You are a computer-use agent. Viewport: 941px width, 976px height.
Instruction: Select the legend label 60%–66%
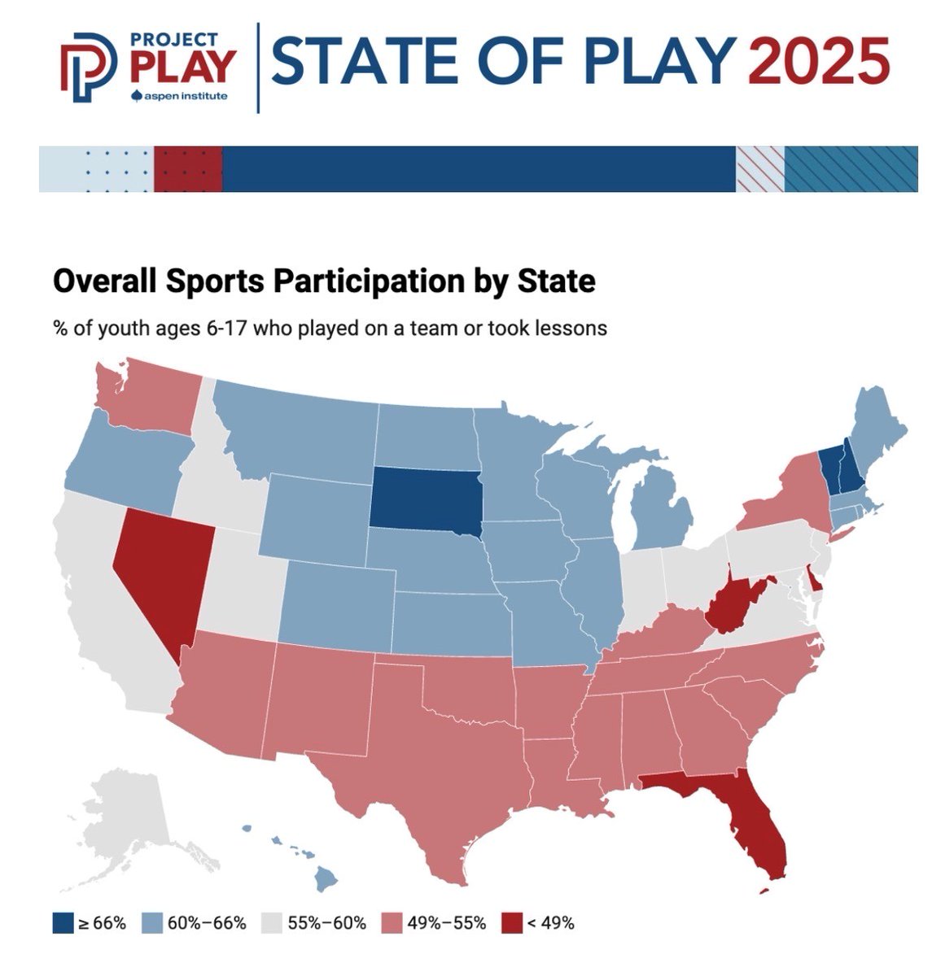pyautogui.click(x=207, y=923)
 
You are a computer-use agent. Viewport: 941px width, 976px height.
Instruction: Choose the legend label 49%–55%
pyautogui.click(x=447, y=923)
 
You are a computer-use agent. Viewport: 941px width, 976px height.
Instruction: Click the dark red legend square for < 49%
pyautogui.click(x=511, y=922)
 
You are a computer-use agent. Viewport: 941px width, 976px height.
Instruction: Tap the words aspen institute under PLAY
pyautogui.click(x=185, y=96)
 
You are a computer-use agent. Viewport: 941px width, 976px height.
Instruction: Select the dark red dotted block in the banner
pyautogui.click(x=187, y=169)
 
